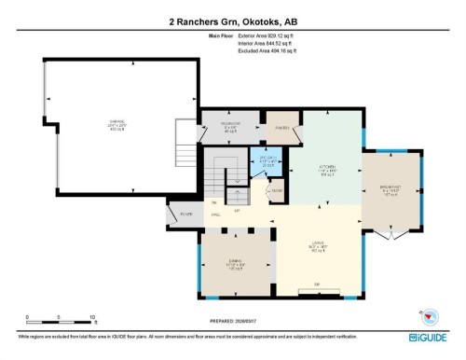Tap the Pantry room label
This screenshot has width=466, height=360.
click(x=281, y=128)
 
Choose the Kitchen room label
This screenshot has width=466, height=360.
click(x=327, y=171)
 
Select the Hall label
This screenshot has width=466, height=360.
click(x=214, y=215)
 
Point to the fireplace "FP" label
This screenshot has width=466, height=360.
click(x=317, y=283)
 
